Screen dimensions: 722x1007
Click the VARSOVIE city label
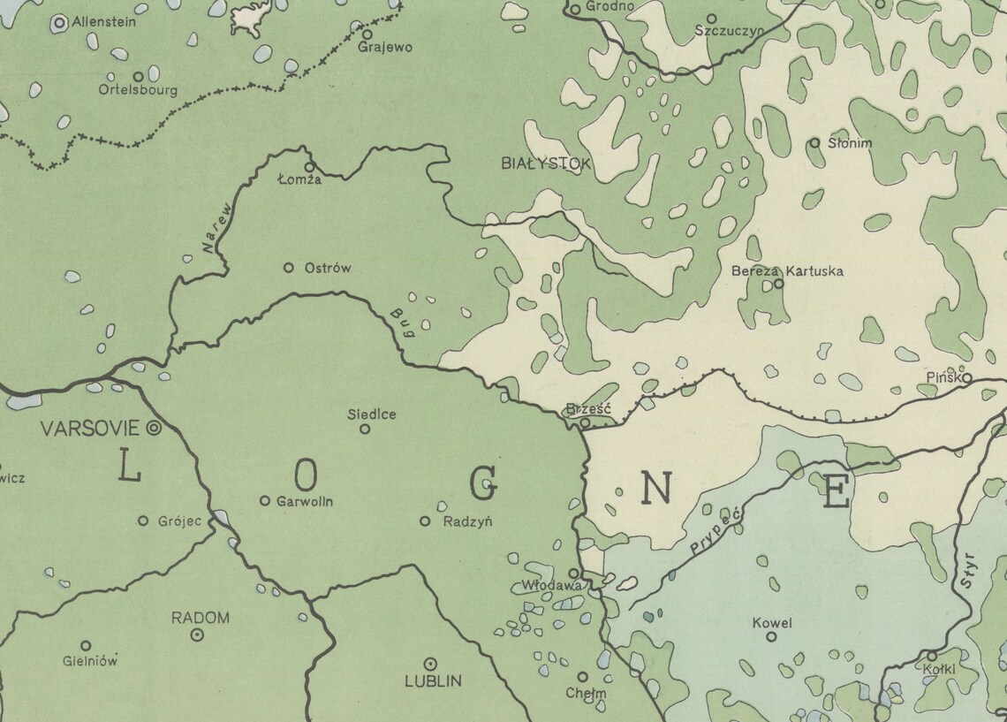click(x=90, y=429)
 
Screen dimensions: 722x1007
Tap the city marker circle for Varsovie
click(x=154, y=428)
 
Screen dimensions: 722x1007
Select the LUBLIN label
click(x=433, y=681)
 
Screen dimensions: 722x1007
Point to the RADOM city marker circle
click(x=198, y=635)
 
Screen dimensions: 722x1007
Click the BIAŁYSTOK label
click(x=545, y=163)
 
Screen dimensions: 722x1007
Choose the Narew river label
click(x=216, y=230)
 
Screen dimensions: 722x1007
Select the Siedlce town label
click(x=371, y=414)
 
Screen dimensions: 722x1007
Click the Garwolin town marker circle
click(x=264, y=501)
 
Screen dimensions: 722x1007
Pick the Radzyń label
click(x=467, y=521)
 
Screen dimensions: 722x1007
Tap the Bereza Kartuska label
click(x=787, y=270)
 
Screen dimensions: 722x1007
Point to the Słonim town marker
click(x=814, y=142)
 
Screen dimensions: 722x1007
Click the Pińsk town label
click(x=943, y=377)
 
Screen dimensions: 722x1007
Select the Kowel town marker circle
click(x=770, y=636)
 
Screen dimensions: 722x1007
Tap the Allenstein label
click(x=103, y=22)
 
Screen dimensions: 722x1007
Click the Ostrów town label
click(x=327, y=268)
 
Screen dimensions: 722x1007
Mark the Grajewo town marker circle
click(x=367, y=34)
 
